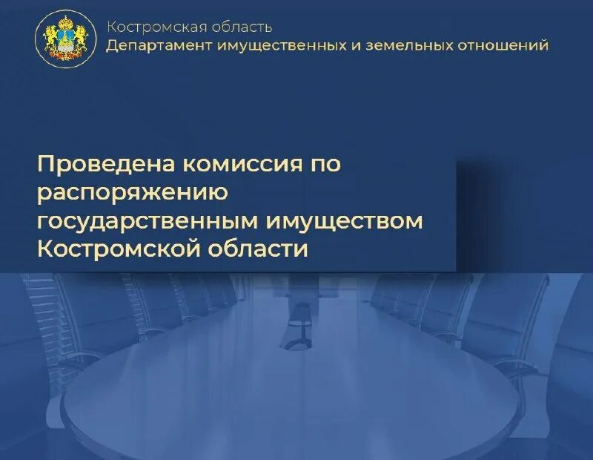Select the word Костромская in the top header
click(151, 27)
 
